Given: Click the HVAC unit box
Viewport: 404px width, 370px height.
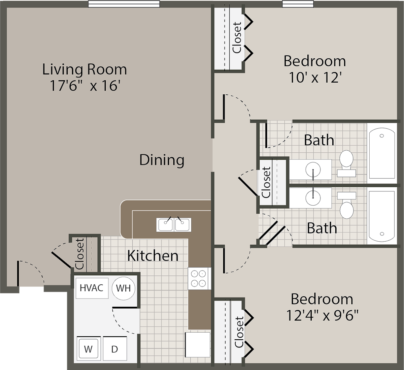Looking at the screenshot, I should point(92,288).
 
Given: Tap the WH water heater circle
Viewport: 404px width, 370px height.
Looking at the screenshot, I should point(123,288).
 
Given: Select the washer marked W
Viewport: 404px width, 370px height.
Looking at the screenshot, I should point(88,349).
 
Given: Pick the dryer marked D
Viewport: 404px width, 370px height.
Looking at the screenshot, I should point(114,349).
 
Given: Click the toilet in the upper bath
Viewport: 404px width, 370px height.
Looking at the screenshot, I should point(346,163).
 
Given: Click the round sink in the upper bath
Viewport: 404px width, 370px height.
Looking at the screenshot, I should point(313,169).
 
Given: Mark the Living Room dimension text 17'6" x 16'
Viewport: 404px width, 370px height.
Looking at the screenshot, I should point(85,86).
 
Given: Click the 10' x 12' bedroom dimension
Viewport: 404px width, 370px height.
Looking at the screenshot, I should point(315,78).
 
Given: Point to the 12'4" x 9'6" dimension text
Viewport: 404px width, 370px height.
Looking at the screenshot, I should point(322,316).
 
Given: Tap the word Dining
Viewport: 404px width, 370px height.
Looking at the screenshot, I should point(162,160).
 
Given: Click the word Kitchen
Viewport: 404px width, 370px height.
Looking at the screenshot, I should point(153,256).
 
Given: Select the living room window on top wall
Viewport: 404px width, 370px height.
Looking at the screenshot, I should point(124,4).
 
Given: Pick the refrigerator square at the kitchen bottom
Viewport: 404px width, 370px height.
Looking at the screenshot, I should point(198,344).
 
